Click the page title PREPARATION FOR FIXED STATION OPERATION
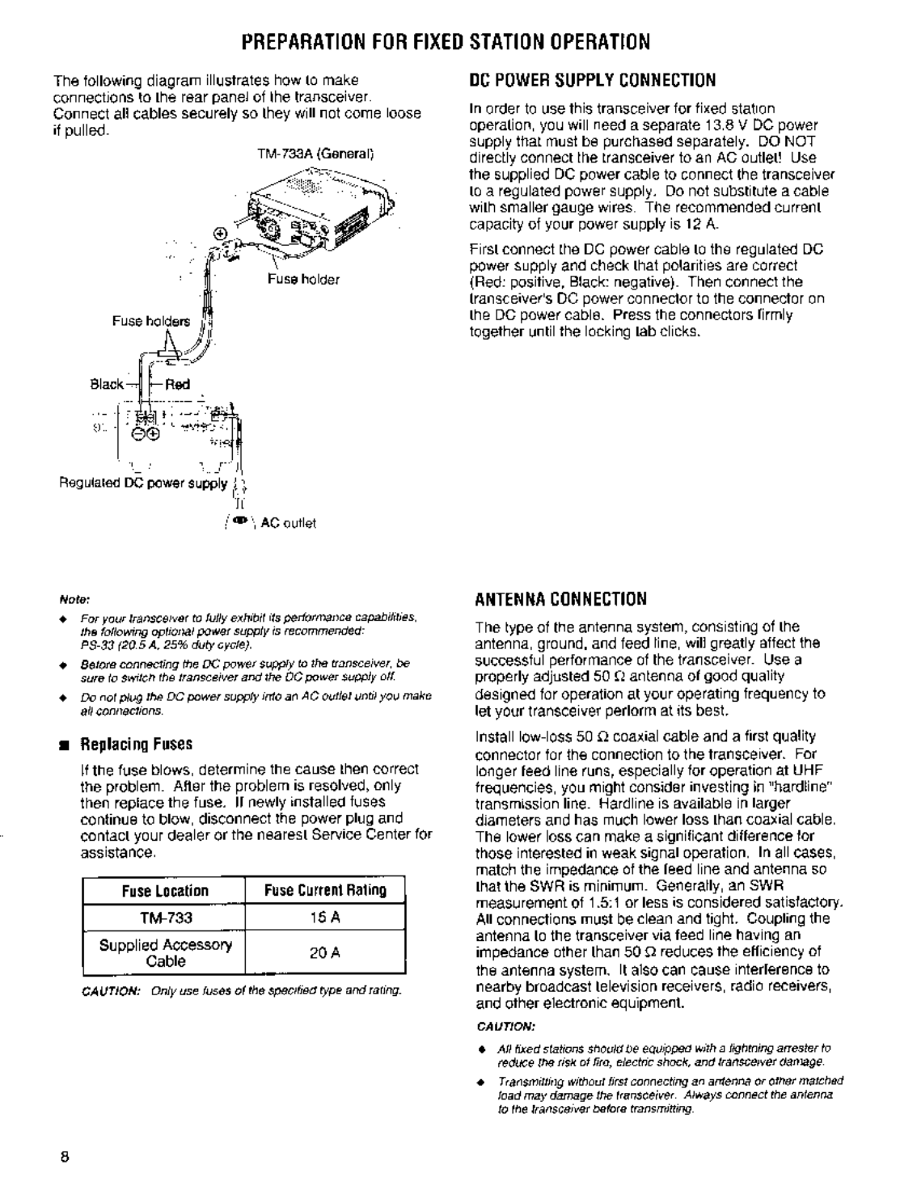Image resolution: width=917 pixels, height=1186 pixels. click(x=458, y=41)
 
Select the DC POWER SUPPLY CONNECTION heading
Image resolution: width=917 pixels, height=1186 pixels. click(x=593, y=80)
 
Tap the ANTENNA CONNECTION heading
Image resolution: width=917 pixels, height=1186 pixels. click(x=560, y=599)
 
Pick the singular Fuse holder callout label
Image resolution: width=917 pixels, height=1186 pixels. click(x=303, y=280)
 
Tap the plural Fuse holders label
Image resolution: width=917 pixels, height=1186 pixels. click(x=151, y=321)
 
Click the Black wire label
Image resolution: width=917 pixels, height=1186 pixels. click(x=107, y=384)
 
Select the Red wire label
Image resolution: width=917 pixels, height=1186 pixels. click(x=178, y=384)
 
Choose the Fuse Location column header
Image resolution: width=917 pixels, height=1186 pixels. click(x=165, y=891)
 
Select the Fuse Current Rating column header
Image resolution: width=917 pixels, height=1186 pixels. click(x=325, y=891)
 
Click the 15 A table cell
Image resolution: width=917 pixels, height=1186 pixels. click(x=325, y=918)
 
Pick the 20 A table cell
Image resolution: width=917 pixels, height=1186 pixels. click(x=325, y=953)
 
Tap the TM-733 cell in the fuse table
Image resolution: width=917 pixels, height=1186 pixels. click(x=165, y=918)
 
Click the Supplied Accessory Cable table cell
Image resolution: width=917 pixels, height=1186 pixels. click(x=165, y=953)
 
